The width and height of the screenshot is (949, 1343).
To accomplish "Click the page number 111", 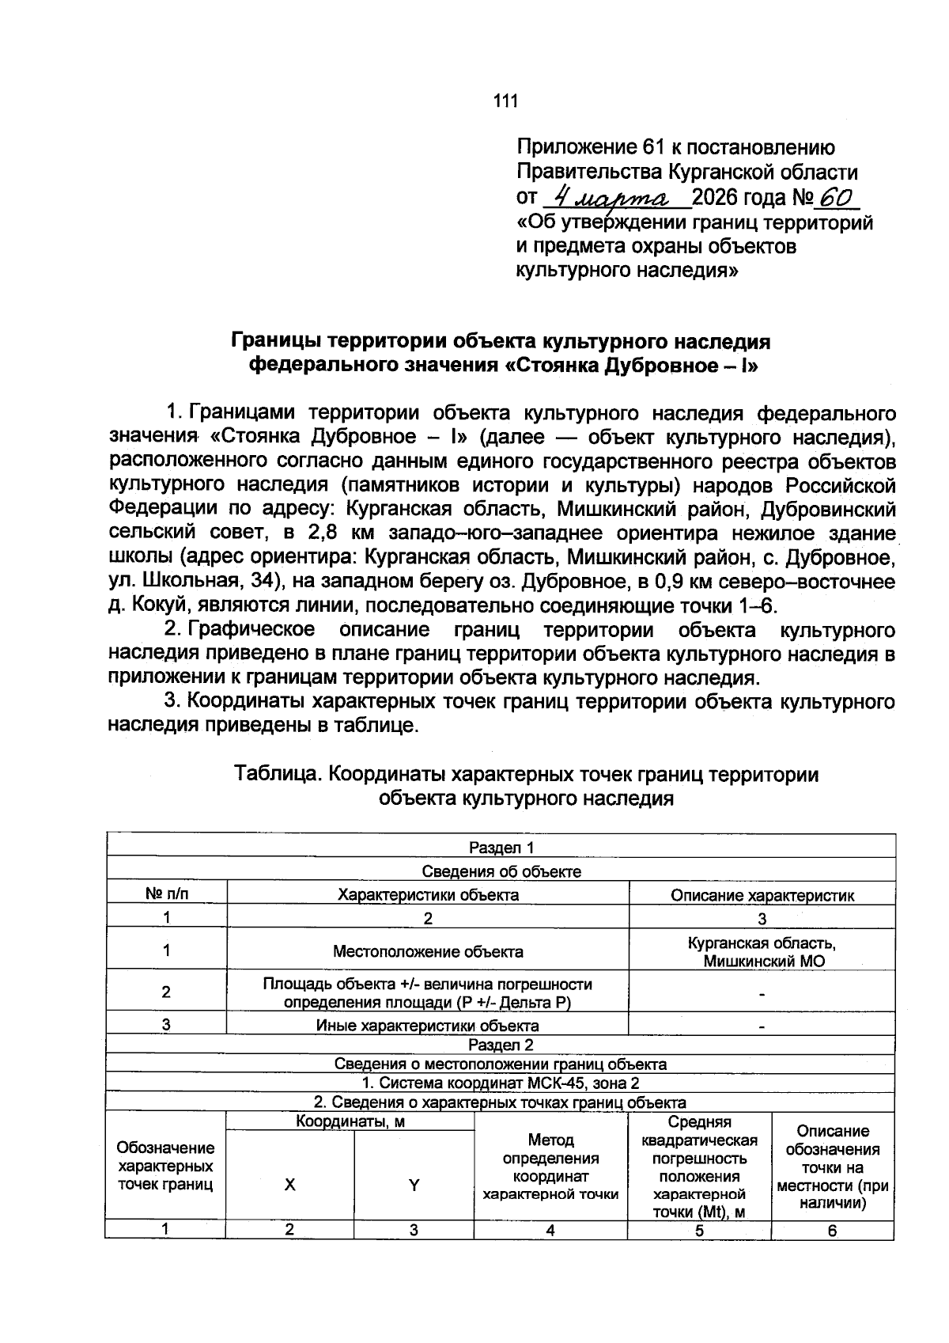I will pyautogui.click(x=505, y=101).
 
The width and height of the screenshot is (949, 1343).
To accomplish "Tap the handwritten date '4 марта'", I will pyautogui.click(x=611, y=195).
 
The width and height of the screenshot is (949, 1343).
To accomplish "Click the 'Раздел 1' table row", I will pyautogui.click(x=501, y=848).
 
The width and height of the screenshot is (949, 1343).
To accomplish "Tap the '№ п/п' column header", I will pyautogui.click(x=167, y=894).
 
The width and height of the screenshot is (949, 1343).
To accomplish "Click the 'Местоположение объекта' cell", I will pyautogui.click(x=427, y=950).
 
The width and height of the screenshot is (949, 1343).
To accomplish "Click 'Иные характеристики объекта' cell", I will pyautogui.click(x=427, y=1026).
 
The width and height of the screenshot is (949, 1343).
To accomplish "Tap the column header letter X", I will pyautogui.click(x=290, y=1185).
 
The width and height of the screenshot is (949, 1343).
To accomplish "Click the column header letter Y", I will pyautogui.click(x=414, y=1185).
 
